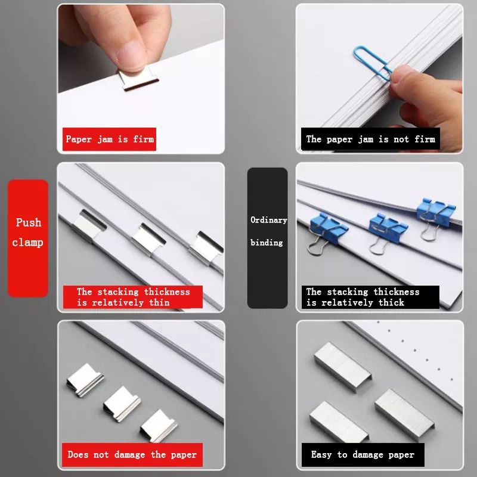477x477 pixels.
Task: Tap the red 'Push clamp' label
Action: [x=27, y=238]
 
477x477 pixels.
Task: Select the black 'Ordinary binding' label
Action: [x=267, y=238]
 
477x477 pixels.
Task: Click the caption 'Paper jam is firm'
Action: [x=109, y=139]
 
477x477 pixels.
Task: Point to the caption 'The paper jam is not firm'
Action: [x=370, y=139]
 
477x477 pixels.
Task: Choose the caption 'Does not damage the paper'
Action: [x=132, y=454]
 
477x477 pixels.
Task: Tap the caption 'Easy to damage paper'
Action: [x=363, y=454]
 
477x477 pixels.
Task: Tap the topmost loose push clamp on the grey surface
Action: [x=85, y=380]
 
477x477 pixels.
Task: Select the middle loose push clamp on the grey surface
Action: [x=122, y=404]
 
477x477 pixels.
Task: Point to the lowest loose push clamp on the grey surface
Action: [x=159, y=426]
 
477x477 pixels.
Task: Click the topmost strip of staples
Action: [x=342, y=367]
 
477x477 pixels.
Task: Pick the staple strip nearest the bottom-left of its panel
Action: [x=339, y=422]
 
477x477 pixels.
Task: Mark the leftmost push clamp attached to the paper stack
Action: [x=88, y=225]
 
